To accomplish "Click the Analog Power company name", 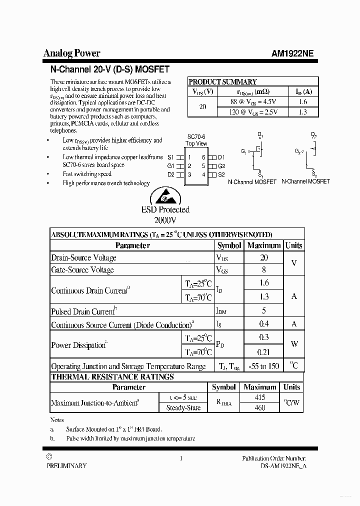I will pos(71,53).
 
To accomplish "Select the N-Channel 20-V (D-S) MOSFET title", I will pos(110,69).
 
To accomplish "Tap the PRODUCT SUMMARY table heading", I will pos(222,82).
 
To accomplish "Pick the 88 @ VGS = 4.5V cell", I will pos(252,102).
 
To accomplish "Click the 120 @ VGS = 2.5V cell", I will pos(252,112).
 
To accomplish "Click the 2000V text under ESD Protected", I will pos(165,219).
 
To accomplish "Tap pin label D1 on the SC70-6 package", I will pos(221,157).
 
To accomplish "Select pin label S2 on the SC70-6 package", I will pos(221,174).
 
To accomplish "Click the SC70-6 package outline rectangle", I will pos(196,166).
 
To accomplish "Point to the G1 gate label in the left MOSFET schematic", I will pos(243,151).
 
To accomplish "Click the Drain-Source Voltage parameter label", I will pos(83,258).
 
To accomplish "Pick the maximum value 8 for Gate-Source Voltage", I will pos(264,270).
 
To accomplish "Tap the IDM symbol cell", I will pos(221,311).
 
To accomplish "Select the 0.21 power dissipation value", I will pos(264,352).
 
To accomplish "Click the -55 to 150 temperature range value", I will pos(263,366).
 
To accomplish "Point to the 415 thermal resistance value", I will pos(259,397).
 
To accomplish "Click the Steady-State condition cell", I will pos(183,408).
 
